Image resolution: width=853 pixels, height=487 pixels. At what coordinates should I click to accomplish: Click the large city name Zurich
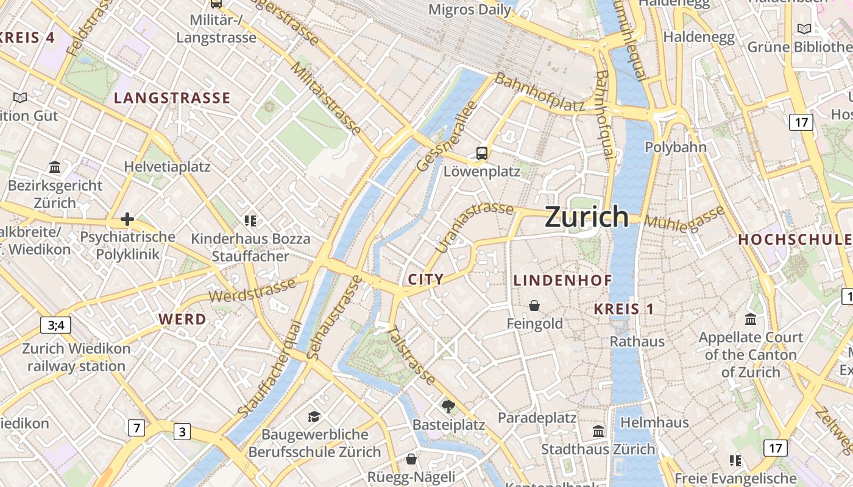(586, 217)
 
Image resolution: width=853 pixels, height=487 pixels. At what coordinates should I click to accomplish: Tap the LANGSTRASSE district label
(172, 98)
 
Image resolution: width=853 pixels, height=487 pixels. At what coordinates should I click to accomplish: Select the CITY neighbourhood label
(425, 279)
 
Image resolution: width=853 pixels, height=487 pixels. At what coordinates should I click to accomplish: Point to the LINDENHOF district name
(562, 281)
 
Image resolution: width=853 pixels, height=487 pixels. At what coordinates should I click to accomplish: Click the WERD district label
(182, 319)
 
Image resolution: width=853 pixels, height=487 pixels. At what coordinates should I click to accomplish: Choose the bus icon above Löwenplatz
(482, 153)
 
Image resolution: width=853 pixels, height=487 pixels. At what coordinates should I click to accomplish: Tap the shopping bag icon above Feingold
(534, 305)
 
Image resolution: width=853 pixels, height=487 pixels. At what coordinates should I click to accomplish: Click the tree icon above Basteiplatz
(448, 406)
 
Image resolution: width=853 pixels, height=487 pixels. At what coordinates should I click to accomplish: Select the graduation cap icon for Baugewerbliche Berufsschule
(314, 416)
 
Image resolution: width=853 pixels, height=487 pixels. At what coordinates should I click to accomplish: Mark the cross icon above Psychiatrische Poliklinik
(127, 219)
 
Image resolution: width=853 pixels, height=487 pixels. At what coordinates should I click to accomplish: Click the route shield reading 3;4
(55, 325)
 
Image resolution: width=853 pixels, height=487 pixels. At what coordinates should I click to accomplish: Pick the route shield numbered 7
(136, 428)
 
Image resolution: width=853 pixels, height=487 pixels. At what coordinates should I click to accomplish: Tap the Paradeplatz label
(537, 418)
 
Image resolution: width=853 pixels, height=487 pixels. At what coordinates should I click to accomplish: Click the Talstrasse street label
(412, 356)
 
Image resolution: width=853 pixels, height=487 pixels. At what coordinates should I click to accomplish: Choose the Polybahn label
(675, 147)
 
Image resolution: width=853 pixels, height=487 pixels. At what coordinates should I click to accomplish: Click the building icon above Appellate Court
(751, 318)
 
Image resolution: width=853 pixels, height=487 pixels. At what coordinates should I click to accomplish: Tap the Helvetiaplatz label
(167, 167)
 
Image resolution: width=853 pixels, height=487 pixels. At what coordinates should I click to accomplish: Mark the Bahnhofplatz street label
(539, 93)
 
